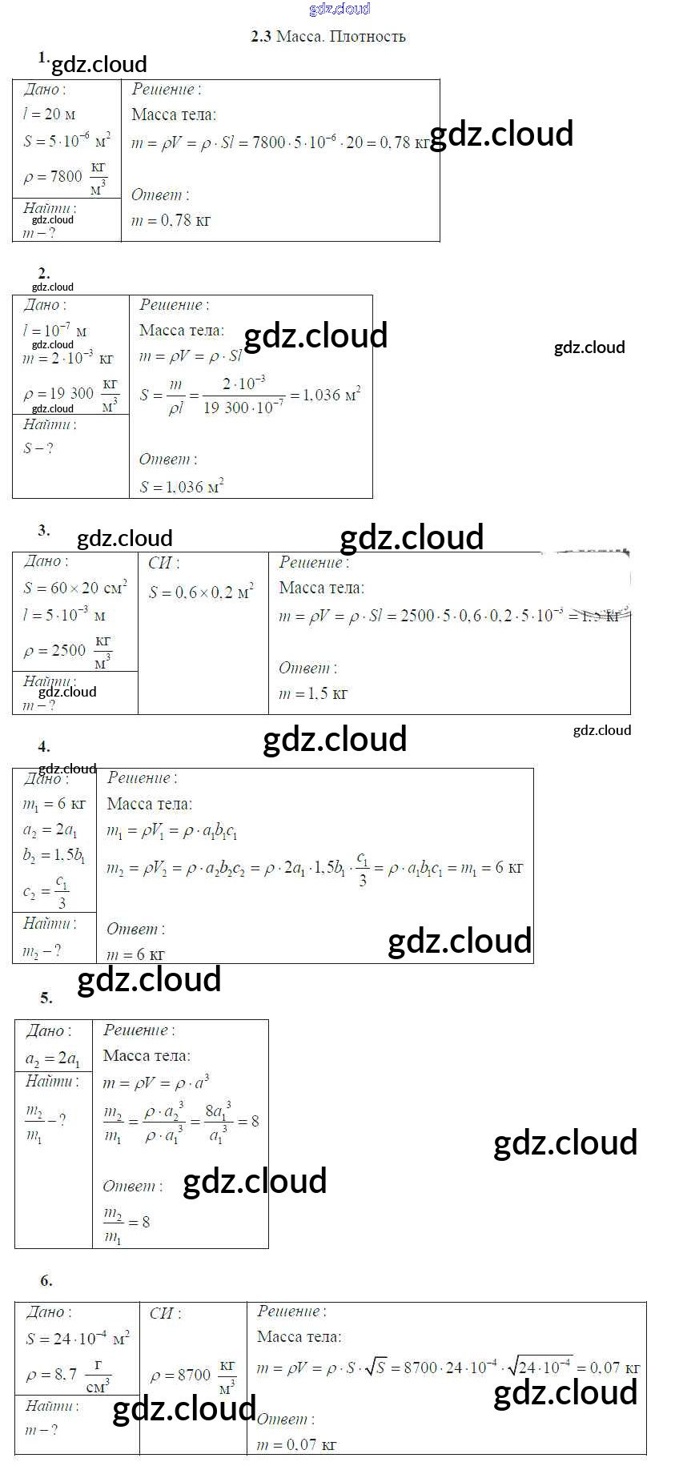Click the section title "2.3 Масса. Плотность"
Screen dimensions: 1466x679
328,36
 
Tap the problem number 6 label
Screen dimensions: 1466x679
46,1280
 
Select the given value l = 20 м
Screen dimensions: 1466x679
50,114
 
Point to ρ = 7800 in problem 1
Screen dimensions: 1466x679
54,176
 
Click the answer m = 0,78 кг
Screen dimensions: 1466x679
171,220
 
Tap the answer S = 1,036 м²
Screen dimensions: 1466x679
182,486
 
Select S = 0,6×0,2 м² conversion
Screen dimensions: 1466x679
201,592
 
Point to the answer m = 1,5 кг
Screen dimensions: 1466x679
312,693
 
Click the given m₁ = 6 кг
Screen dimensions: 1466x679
54,804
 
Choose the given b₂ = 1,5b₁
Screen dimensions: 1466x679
54,856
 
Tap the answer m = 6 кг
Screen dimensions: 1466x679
135,954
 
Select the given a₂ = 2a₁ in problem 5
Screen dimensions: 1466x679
53,1059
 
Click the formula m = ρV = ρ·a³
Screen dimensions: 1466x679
156,1082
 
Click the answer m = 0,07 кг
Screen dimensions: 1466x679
295,1444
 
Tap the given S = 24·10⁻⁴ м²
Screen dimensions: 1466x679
77,1339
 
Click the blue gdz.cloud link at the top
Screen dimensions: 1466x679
339,9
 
